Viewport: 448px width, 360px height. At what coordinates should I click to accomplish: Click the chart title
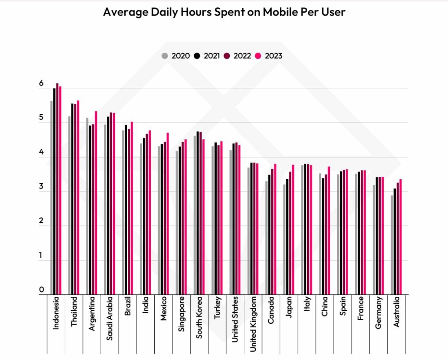(x=224, y=12)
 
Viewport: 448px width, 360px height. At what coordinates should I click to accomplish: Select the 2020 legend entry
(x=176, y=56)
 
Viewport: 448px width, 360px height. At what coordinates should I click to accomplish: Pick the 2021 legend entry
(x=207, y=56)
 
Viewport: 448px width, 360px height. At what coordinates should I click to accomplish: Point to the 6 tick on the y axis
(x=42, y=83)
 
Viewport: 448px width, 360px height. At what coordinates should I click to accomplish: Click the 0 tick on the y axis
(x=42, y=290)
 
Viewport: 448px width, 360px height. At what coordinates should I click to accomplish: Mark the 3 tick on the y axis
(x=42, y=186)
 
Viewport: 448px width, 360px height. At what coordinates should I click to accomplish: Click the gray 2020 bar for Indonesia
(x=51, y=198)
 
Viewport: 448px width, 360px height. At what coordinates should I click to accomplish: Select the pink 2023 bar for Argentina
(x=96, y=203)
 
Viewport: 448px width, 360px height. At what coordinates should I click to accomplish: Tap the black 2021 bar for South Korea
(x=198, y=213)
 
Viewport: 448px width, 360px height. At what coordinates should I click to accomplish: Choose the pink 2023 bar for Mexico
(x=168, y=214)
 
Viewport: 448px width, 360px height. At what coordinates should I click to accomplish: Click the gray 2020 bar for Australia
(x=392, y=245)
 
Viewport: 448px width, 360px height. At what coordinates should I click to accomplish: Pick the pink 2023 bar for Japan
(x=293, y=230)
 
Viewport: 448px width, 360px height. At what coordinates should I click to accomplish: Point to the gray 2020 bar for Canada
(x=267, y=238)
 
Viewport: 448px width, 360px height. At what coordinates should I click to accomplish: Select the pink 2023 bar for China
(x=329, y=230)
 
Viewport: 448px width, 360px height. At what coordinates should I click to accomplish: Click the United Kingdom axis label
(x=253, y=324)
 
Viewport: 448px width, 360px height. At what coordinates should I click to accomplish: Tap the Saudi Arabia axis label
(x=110, y=318)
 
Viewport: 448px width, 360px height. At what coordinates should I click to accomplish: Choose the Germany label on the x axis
(x=378, y=313)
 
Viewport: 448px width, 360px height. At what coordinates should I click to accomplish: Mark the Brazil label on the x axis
(x=127, y=306)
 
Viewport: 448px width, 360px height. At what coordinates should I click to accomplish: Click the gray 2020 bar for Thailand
(x=69, y=205)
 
